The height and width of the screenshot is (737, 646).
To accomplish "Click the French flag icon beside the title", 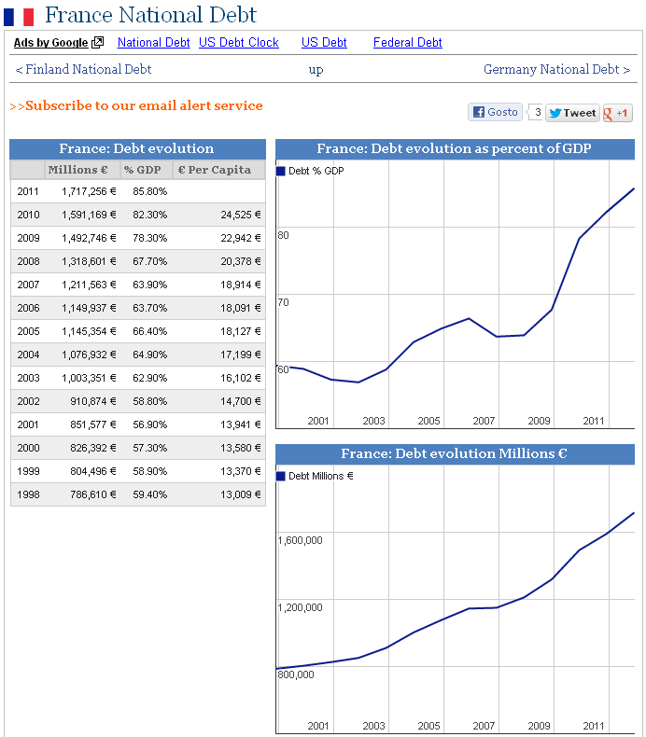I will (19, 16).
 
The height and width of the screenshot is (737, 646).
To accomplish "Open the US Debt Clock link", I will (238, 43).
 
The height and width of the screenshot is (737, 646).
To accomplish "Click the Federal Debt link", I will (407, 43).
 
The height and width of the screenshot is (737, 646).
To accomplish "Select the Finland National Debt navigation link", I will (83, 70).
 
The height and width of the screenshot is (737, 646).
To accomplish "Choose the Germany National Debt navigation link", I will (556, 70).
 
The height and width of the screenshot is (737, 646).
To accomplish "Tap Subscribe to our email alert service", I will (136, 106).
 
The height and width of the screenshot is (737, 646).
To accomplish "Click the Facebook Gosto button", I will (495, 112).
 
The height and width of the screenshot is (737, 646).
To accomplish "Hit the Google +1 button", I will (617, 113).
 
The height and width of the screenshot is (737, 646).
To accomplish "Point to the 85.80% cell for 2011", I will (148, 191).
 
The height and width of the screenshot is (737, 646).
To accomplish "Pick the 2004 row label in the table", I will (28, 355).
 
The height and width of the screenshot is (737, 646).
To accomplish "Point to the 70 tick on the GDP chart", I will (283, 302).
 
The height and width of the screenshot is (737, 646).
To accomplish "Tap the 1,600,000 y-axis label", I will (300, 540).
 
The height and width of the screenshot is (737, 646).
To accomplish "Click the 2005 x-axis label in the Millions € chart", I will (428, 726).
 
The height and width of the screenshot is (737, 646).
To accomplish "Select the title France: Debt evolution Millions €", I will (455, 454).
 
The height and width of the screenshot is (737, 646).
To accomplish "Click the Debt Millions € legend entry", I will (315, 477).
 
